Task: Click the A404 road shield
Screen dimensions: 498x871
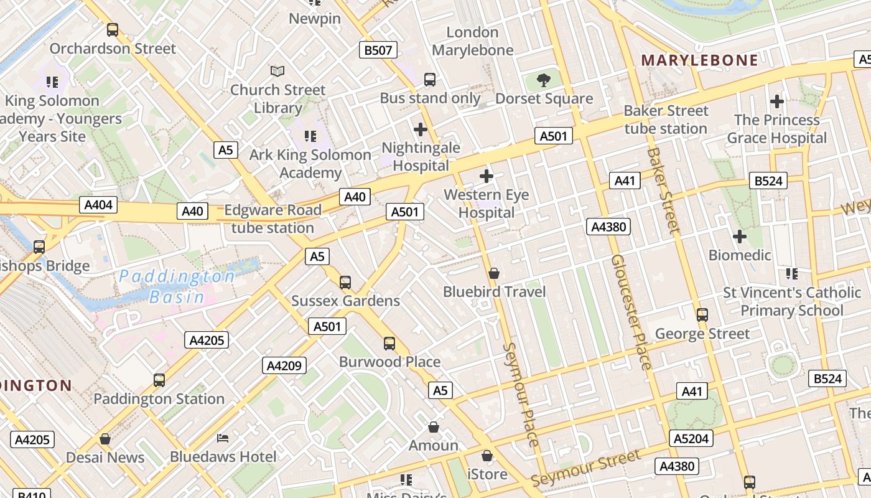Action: [x=98, y=204]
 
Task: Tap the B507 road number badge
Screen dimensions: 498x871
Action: [x=378, y=50]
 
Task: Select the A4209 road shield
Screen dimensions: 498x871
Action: [x=284, y=365]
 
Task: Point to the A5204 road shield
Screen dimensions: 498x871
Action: [x=691, y=438]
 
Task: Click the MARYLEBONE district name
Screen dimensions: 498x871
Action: [x=699, y=60]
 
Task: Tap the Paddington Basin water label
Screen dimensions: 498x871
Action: [x=177, y=286]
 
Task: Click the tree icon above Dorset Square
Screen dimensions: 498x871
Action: [x=544, y=80]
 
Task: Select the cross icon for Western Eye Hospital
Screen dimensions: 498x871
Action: [x=487, y=176]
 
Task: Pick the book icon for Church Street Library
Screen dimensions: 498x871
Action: [x=277, y=72]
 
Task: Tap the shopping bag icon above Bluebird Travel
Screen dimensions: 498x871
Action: [x=494, y=273]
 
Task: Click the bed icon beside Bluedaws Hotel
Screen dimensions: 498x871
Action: [x=223, y=438]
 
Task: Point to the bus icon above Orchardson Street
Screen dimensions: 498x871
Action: [x=113, y=29]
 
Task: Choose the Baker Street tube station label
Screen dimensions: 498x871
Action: [x=666, y=120]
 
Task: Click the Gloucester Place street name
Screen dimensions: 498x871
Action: [x=631, y=311]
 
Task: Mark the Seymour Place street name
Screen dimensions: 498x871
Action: [x=520, y=394]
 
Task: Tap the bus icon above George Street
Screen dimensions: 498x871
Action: [x=702, y=315]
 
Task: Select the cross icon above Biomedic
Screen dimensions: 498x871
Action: [x=739, y=237]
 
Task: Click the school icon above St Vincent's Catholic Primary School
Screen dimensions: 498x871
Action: [x=791, y=273]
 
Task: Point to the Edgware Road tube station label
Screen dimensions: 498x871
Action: [x=272, y=218]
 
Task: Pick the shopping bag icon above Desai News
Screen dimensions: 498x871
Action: [x=105, y=439]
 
